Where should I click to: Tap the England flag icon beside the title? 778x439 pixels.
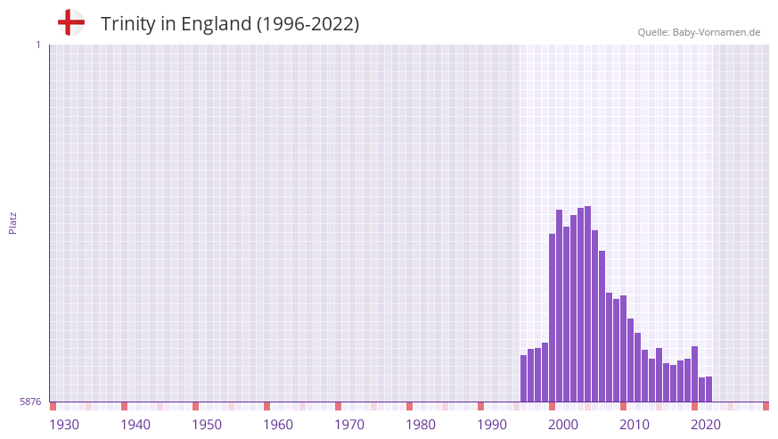coord(71,22)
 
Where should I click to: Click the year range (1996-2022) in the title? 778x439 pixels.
coord(307,24)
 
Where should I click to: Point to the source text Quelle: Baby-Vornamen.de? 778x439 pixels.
coord(699,32)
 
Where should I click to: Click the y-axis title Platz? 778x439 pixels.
coord(12,223)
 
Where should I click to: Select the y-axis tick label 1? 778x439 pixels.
coord(37,45)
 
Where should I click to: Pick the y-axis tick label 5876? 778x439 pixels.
coord(30,402)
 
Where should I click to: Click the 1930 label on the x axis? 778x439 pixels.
coord(64,425)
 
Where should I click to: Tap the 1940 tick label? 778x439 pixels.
coord(135,425)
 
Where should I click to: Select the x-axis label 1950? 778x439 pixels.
coord(207,425)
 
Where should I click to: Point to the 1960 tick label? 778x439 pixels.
coord(278,425)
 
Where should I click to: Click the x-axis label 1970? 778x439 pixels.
coord(349,425)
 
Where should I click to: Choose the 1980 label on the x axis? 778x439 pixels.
coord(421,425)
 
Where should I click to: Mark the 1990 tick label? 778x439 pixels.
coord(492,425)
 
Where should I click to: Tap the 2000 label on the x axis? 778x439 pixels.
coord(563,425)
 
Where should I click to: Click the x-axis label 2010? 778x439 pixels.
coord(635,425)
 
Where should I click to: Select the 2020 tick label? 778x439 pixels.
coord(706,425)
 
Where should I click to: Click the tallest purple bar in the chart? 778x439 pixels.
coord(588,303)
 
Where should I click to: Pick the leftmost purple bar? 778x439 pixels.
coord(524,378)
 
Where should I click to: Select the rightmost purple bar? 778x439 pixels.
coord(709,389)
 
